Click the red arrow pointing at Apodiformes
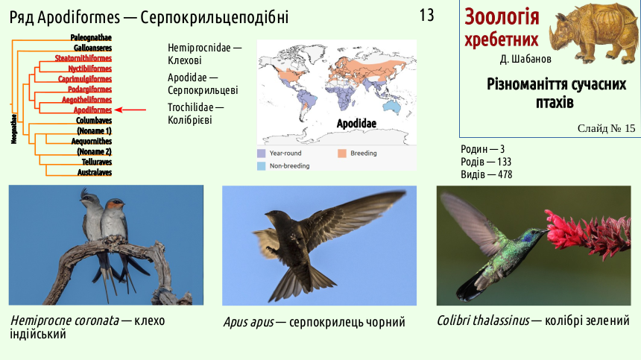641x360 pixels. (x=130, y=110)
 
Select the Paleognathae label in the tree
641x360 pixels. (x=91, y=37)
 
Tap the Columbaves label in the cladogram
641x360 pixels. (x=94, y=121)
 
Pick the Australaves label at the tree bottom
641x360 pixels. (x=95, y=172)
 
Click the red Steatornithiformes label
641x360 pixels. (x=83, y=58)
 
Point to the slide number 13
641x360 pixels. (x=426, y=16)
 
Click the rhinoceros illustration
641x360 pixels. (x=592, y=33)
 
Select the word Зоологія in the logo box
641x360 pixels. (x=502, y=16)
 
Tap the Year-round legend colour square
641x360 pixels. (x=261, y=154)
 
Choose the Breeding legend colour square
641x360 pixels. (x=342, y=154)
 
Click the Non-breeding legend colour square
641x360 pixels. (x=261, y=166)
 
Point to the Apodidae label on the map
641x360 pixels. (x=356, y=124)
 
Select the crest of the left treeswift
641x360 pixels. (x=85, y=193)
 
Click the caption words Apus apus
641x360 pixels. (x=248, y=323)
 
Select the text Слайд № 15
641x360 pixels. (x=606, y=129)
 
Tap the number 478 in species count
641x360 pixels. (x=505, y=174)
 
